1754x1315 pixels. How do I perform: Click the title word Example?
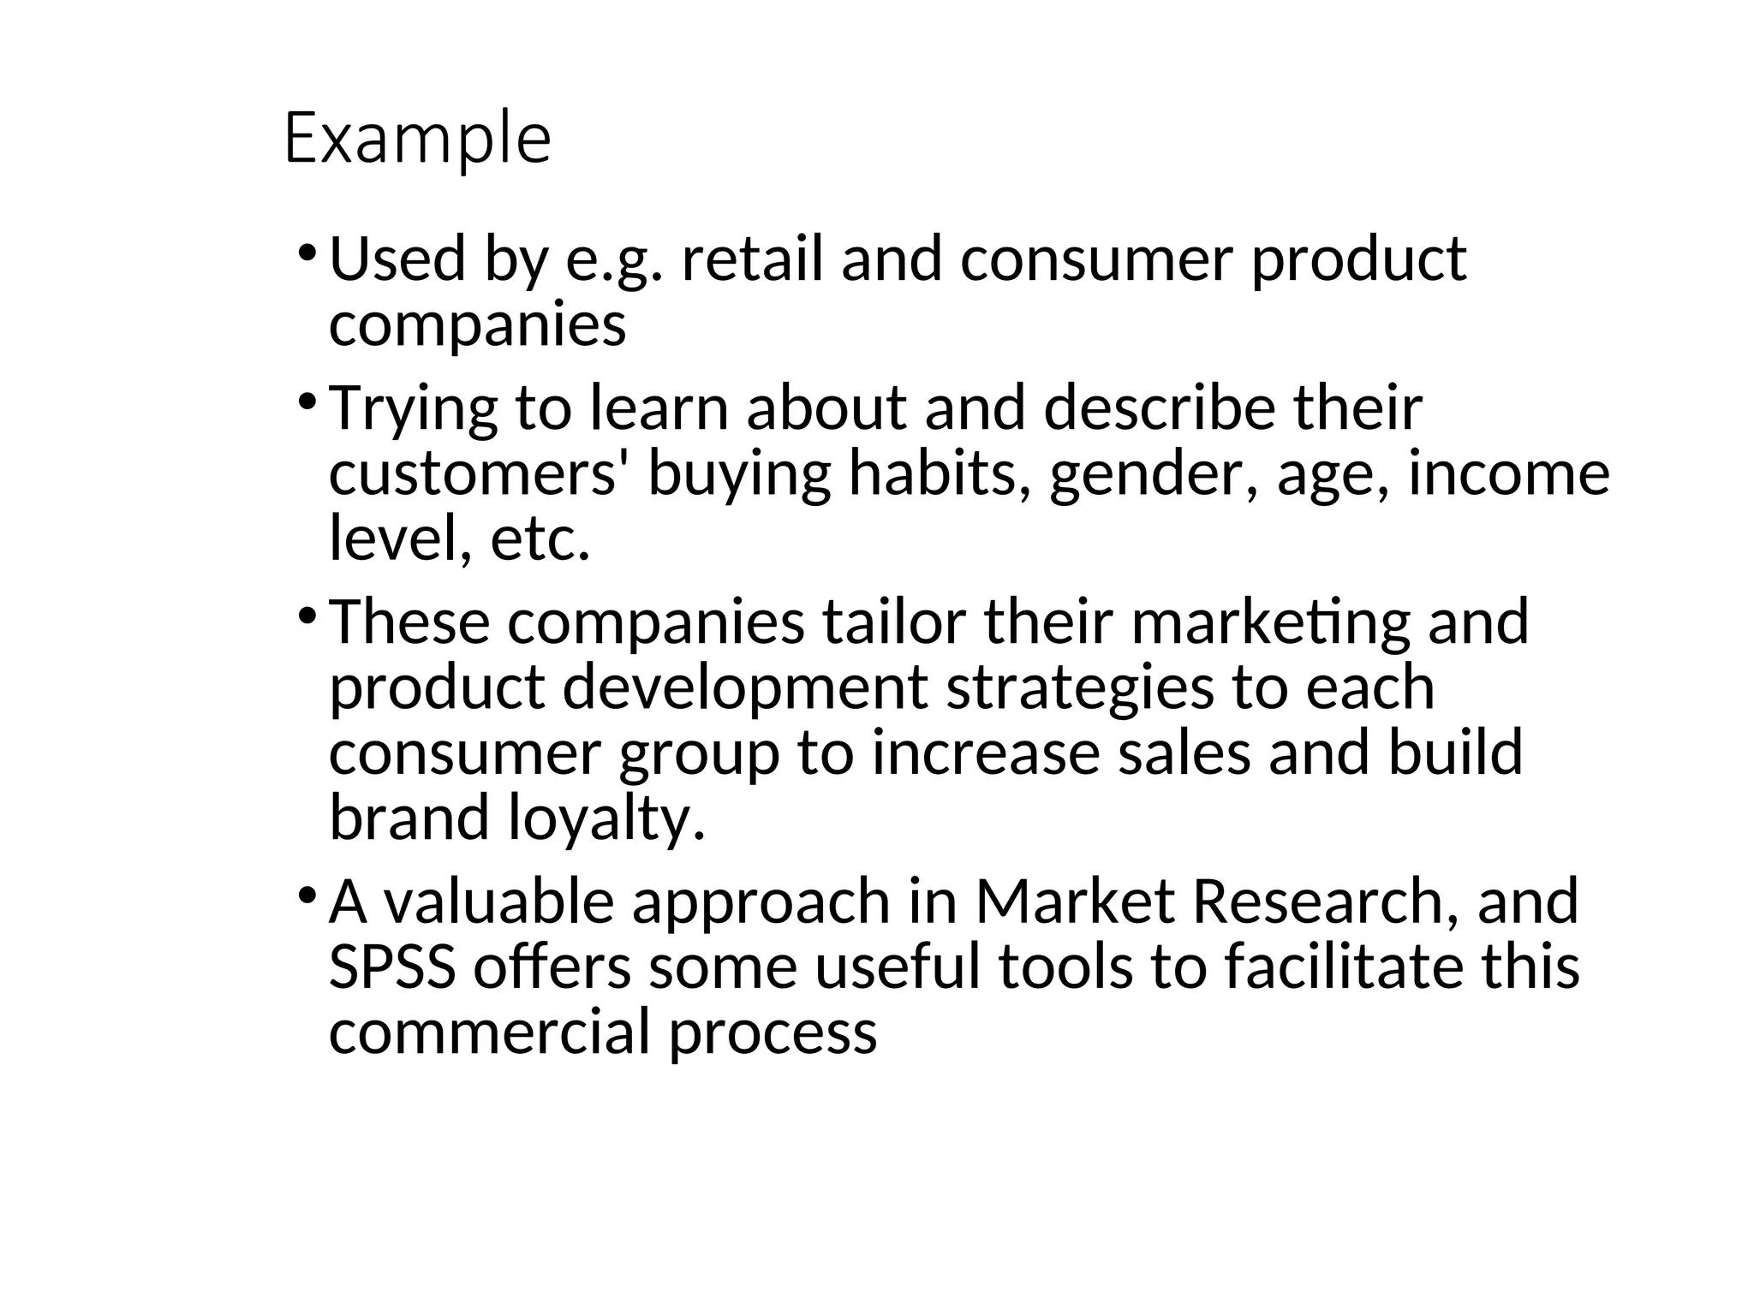[417, 139]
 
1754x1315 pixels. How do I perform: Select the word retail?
[752, 259]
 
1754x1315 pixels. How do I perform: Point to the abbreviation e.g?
[614, 260]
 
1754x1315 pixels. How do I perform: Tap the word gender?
[1154, 476]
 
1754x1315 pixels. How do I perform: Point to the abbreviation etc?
[540, 539]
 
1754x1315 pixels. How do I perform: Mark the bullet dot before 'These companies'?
[307, 616]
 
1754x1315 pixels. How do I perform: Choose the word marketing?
[1270, 623]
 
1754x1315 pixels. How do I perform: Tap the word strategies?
[1080, 689]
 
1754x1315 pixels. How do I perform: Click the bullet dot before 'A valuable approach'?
[307, 895]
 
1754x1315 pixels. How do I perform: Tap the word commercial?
[490, 1032]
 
